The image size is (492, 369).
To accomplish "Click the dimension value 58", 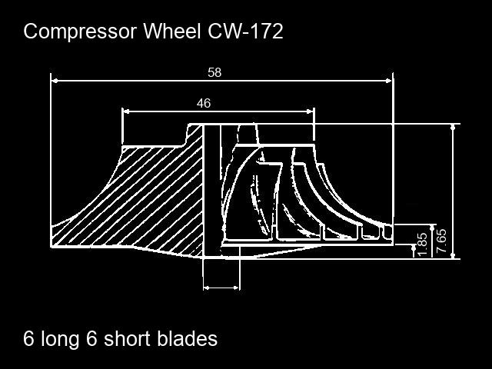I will [214, 72].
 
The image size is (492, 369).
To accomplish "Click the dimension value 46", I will [204, 103].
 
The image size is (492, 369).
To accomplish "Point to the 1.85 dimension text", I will [421, 244].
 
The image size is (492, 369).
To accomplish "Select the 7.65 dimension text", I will [441, 240].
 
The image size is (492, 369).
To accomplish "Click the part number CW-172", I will [247, 32].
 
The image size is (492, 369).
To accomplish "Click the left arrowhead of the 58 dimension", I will [55, 79].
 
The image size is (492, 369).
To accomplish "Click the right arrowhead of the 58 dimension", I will [389, 79].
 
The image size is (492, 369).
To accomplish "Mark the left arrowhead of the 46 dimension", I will [126, 111].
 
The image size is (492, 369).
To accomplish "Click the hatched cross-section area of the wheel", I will [154, 200].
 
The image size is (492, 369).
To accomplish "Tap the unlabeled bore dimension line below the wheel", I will [221, 288].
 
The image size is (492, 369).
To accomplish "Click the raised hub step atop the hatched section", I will [194, 133].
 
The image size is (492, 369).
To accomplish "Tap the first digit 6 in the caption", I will [29, 339].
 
